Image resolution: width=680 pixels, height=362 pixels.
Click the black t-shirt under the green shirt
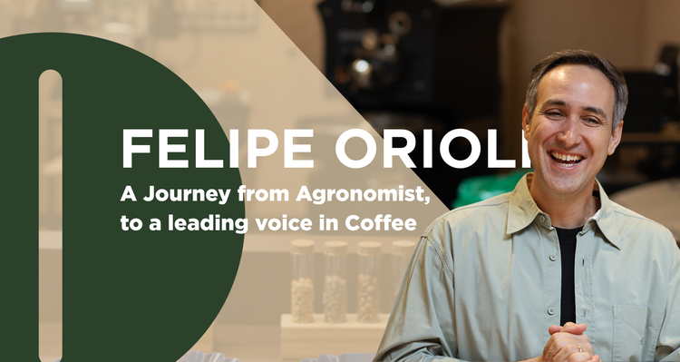pyautogui.click(x=568, y=272)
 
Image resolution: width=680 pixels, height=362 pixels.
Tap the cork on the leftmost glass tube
pyautogui.click(x=302, y=245)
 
